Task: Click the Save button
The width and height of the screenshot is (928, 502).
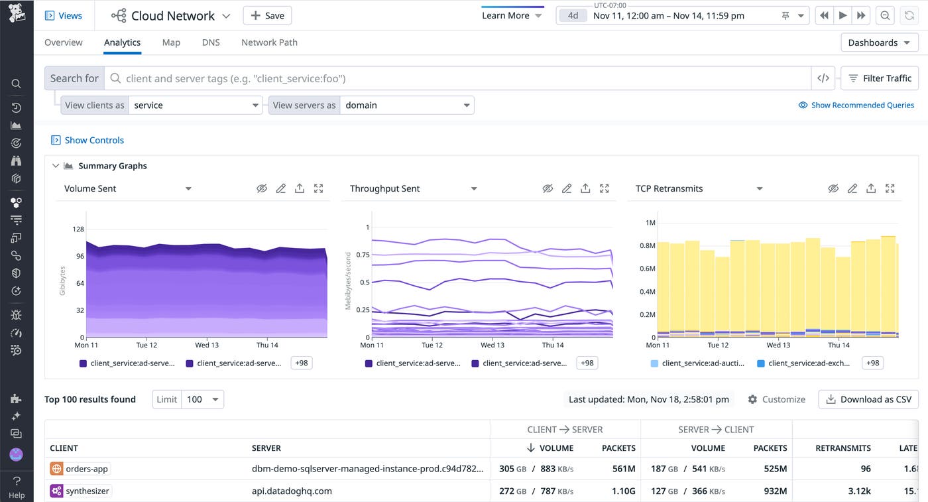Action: coord(267,16)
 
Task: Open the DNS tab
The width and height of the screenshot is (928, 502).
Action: coord(211,42)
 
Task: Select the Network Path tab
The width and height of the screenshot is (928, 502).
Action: coord(269,42)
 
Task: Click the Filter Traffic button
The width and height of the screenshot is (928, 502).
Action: coord(880,78)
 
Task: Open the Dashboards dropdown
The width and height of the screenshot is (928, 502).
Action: coord(879,42)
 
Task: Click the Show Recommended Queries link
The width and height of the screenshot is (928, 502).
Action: coord(856,105)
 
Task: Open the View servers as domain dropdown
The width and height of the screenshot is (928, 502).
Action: coord(406,105)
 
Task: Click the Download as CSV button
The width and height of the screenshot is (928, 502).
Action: coord(868,399)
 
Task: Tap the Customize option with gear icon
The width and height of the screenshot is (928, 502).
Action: coord(776,399)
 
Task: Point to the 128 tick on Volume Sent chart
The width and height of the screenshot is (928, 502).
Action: coord(78,229)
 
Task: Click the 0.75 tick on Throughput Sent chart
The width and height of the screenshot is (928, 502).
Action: coord(363,255)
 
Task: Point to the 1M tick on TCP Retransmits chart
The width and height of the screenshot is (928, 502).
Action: coord(650,223)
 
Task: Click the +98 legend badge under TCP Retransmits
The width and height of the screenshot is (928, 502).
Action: coord(873,363)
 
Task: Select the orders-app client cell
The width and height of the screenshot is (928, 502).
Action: coord(80,469)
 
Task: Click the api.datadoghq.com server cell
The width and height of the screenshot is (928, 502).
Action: coord(292,491)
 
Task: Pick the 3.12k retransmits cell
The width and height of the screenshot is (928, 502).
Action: coord(858,491)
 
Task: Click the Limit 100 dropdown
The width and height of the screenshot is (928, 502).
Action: coord(202,399)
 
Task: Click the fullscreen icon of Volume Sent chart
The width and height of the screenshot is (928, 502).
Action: coord(319,189)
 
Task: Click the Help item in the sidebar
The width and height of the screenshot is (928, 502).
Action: coord(17,488)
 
